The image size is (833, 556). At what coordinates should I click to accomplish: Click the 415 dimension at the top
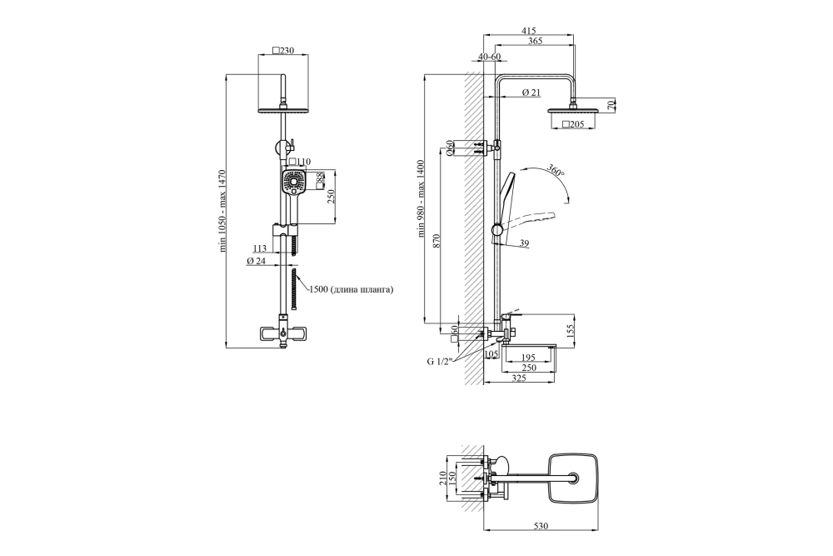[x=528, y=31]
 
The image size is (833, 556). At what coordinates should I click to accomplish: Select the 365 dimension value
[x=535, y=41]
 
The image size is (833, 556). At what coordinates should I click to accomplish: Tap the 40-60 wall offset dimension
[x=489, y=57]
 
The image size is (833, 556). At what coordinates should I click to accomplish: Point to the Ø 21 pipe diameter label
[x=531, y=93]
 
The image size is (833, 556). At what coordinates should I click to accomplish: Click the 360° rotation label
[x=555, y=172]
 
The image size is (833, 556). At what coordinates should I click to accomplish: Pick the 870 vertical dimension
[x=436, y=242]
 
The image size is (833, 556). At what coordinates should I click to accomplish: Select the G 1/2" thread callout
[x=439, y=362]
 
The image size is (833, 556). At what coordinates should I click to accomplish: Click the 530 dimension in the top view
[x=540, y=526]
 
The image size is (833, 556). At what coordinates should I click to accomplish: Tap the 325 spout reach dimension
[x=518, y=378]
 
